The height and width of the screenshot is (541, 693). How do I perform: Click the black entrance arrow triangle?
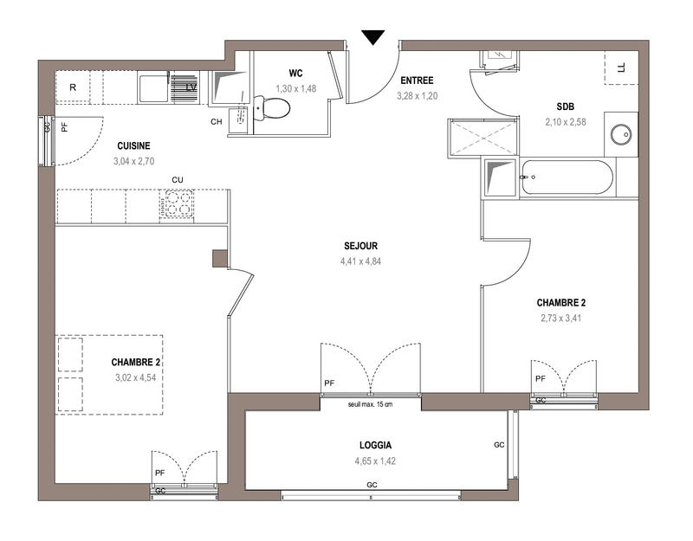tap(373, 37)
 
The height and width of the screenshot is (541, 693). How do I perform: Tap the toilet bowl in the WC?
tap(274, 109)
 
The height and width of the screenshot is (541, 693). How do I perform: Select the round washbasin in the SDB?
tap(620, 135)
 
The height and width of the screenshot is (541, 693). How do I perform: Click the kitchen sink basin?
tap(154, 88)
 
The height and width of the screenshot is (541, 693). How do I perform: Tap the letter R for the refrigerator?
tap(74, 87)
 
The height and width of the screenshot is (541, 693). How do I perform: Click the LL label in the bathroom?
tap(620, 67)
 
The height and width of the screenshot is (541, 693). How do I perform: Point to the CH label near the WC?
tap(217, 121)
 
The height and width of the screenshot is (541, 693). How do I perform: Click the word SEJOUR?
tap(359, 246)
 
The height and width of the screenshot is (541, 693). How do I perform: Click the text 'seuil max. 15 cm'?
tap(370, 404)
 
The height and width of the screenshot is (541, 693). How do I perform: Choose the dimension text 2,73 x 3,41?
tap(560, 318)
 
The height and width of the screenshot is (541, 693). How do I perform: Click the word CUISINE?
tap(133, 146)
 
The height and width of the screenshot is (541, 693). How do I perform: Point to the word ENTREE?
tap(416, 81)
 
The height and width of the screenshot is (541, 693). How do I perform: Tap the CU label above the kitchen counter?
tap(178, 180)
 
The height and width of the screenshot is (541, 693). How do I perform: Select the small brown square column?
tap(220, 258)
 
